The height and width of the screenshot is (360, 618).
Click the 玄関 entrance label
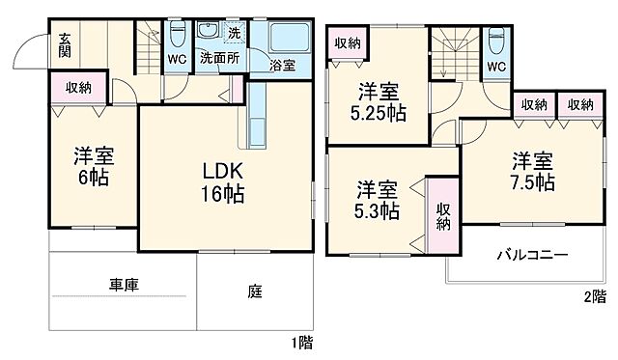[x=64, y=46]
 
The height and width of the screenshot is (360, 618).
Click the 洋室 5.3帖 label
[x=375, y=198]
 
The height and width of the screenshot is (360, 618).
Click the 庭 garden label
[x=252, y=290]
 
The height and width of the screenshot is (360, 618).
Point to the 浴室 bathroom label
[x=282, y=66]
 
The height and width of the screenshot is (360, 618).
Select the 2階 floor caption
[x=593, y=297]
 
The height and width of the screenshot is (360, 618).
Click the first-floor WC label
[x=177, y=58]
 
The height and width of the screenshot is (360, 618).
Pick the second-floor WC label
[x=496, y=67]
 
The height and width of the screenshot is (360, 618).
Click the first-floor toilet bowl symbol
[x=178, y=36]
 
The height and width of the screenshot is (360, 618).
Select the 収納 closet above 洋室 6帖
[x=79, y=88]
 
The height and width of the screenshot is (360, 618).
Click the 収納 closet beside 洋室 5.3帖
[x=443, y=216]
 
